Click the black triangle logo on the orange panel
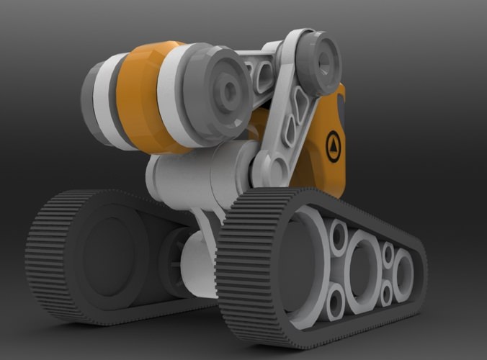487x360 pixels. click(333, 143)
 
